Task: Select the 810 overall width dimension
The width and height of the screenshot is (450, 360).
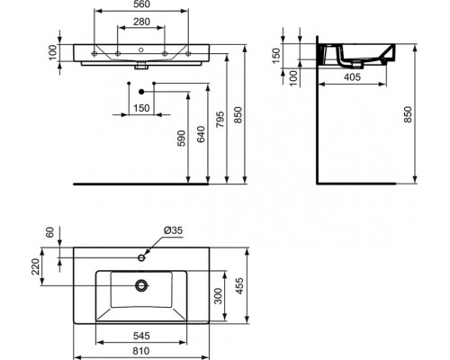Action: pos(139,352)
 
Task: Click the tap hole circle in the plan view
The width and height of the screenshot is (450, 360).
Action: pos(142,258)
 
